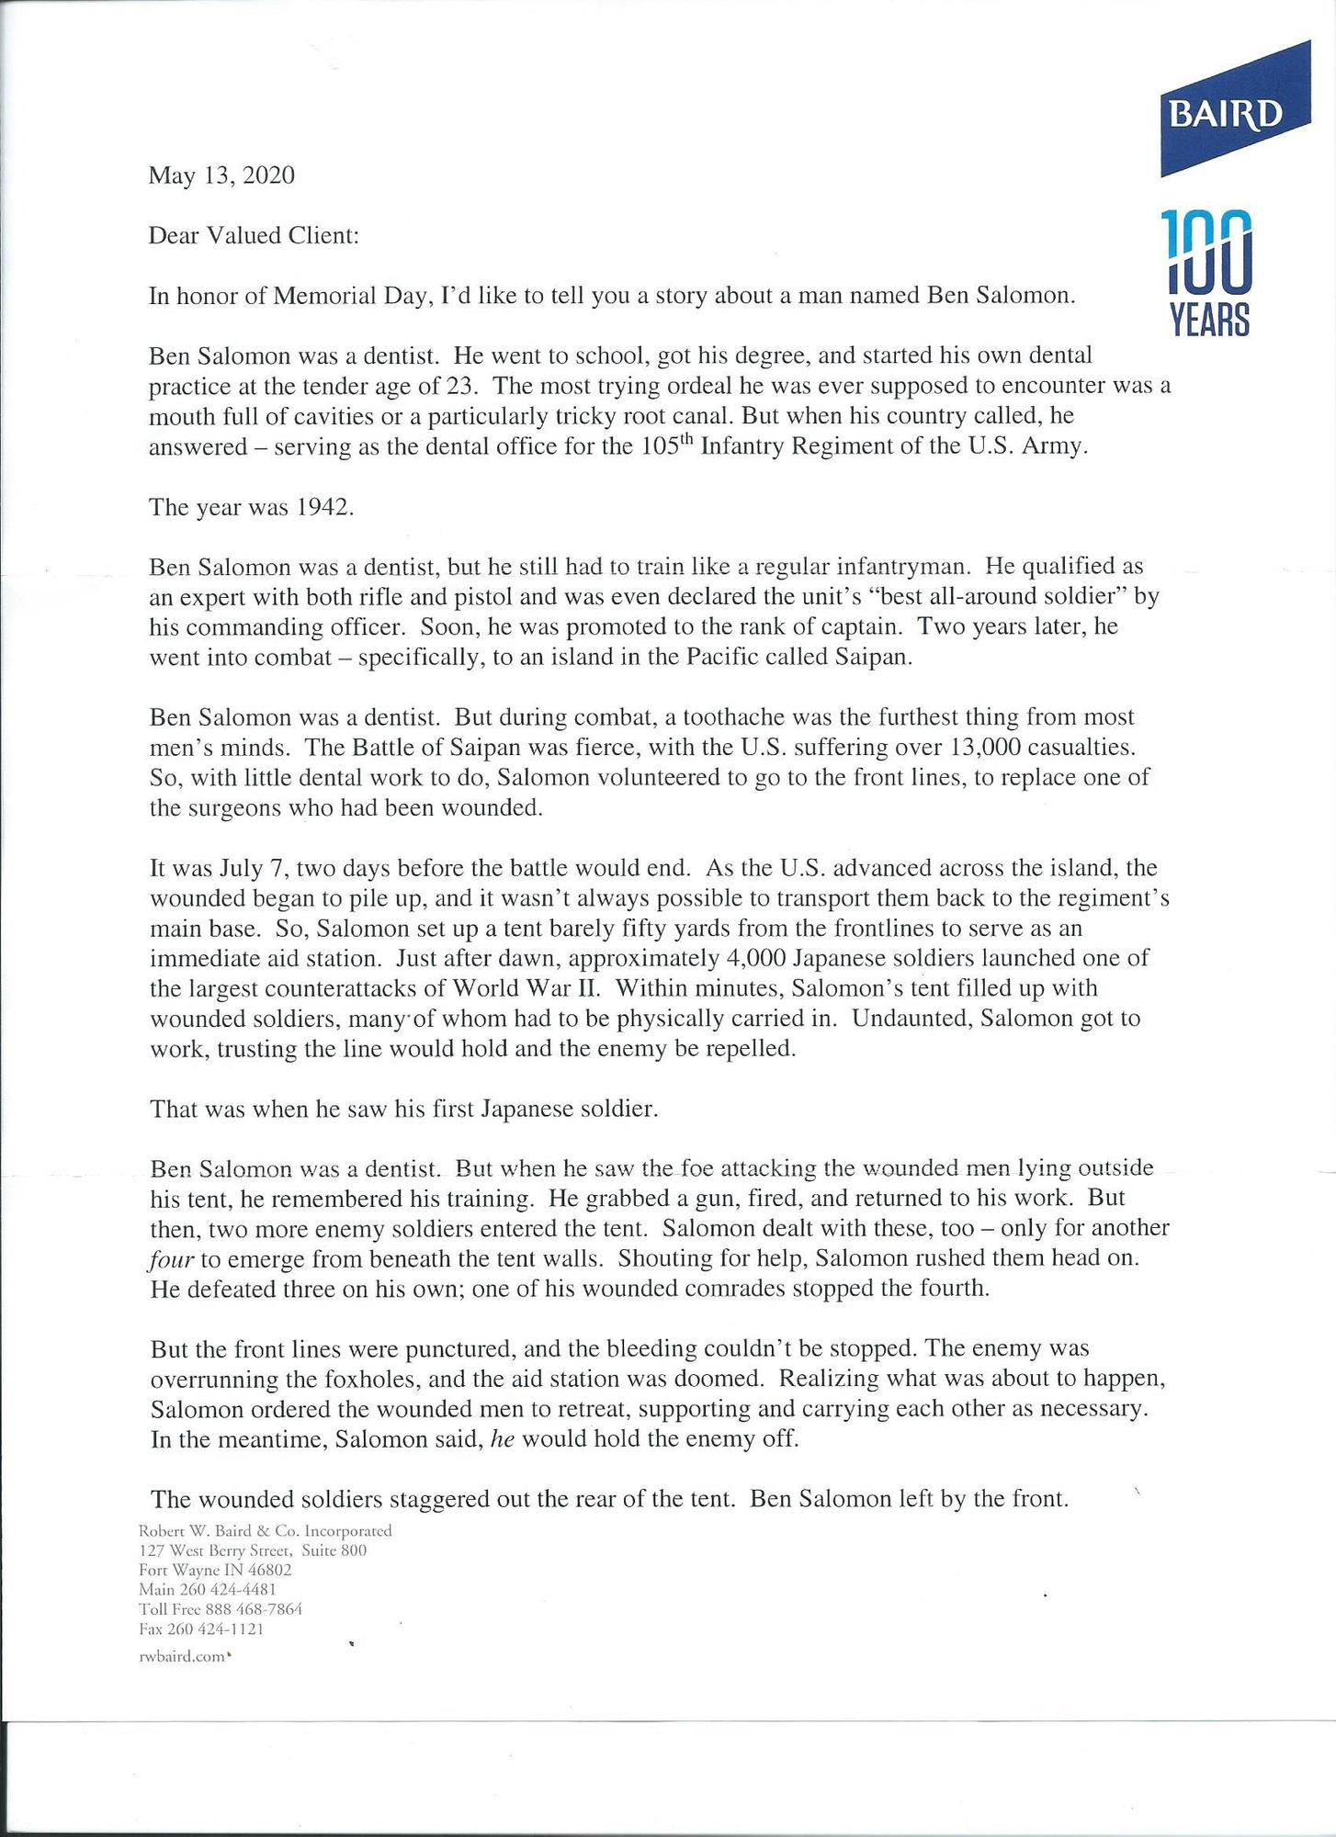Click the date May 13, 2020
[221, 175]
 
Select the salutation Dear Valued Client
[254, 235]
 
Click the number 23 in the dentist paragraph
[459, 386]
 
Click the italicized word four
[171, 1259]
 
